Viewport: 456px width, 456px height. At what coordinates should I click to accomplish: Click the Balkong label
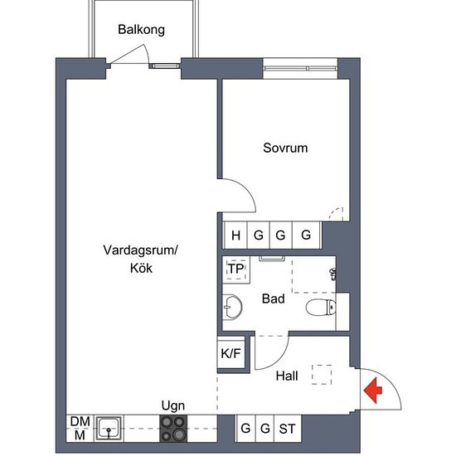coord(141,30)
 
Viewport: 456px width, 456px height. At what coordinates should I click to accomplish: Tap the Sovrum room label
coord(285,148)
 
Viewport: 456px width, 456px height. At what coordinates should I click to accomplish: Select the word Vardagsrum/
coord(140,250)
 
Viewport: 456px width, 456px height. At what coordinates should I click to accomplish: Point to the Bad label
coord(273,298)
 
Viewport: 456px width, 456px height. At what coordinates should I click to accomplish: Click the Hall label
coord(287,376)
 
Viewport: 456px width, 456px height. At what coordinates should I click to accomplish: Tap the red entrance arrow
coord(373,391)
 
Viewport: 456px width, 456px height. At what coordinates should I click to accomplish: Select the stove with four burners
coord(173,429)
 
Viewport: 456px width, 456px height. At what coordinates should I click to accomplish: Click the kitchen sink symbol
coord(109,429)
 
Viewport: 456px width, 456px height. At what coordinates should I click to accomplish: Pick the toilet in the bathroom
coord(321,307)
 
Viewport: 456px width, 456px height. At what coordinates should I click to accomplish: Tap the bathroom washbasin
coord(232,307)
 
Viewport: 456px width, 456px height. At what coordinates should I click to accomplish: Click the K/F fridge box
coord(231,353)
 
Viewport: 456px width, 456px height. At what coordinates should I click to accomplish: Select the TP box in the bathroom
coord(236,269)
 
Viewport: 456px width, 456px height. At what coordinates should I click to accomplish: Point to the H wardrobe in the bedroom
coord(235,235)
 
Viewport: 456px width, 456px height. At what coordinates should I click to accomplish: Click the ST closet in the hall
coord(288,429)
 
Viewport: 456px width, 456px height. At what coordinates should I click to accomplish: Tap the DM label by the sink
coord(80,421)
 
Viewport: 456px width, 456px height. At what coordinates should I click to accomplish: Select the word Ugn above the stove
coord(173,406)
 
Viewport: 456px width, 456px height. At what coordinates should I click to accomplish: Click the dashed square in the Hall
coord(322,375)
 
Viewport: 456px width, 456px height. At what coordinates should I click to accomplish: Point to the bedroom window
coord(300,69)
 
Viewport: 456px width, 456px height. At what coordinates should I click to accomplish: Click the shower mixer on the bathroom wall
coord(333,274)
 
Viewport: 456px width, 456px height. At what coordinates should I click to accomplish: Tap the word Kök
coord(141,268)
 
